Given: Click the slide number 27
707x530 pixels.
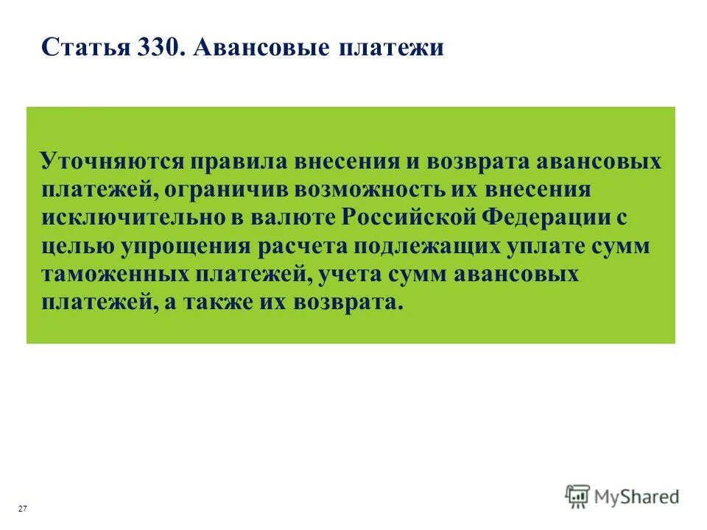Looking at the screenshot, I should click(x=23, y=509).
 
